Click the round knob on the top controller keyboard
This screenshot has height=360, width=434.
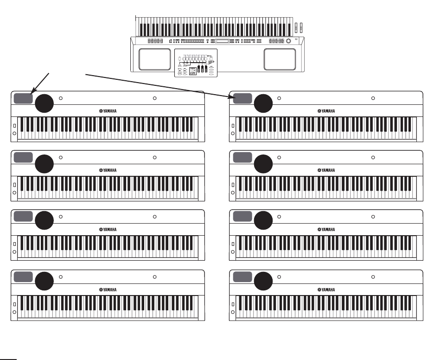(x=289, y=42)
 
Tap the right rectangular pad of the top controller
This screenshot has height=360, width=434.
(x=280, y=59)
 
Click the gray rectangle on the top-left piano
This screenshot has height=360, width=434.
(x=23, y=98)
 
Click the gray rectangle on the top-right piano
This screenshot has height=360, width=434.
(x=243, y=98)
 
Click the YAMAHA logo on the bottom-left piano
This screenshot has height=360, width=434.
(x=108, y=289)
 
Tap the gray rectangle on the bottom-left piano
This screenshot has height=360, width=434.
(x=23, y=276)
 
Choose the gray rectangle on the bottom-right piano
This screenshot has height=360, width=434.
(x=243, y=276)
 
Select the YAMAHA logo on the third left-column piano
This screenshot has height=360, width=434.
(x=108, y=230)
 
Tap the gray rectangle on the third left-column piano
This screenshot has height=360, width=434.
(x=23, y=217)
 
